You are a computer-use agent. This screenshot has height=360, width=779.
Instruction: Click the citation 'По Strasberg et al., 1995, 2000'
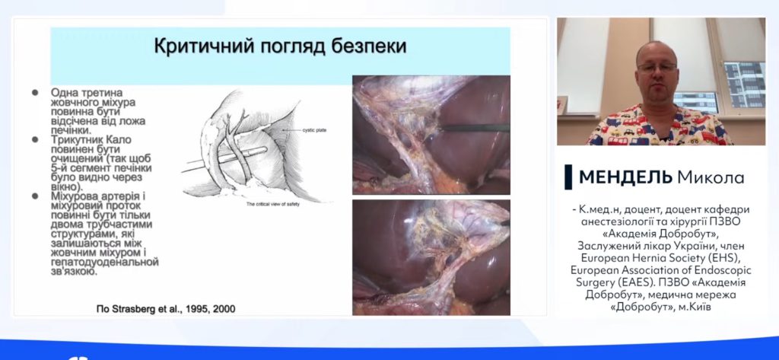(x=166, y=309)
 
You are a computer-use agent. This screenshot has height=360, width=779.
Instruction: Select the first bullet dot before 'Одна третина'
(x=35, y=93)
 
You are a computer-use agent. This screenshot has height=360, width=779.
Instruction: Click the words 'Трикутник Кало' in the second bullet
(x=91, y=140)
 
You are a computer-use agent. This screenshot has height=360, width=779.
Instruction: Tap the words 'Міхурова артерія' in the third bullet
(x=94, y=196)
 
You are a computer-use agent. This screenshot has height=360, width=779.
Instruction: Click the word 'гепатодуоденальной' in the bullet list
(x=105, y=262)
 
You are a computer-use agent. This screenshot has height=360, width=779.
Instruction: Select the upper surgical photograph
(x=431, y=135)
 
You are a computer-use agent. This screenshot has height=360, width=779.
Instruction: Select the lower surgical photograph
(x=431, y=257)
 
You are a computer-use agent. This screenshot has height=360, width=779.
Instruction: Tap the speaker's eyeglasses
(x=657, y=67)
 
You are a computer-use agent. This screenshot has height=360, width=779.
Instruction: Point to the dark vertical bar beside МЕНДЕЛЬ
(x=568, y=177)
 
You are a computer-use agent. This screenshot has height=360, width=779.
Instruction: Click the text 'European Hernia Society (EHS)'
(x=661, y=258)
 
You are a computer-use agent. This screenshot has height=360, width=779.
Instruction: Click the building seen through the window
(x=744, y=84)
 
